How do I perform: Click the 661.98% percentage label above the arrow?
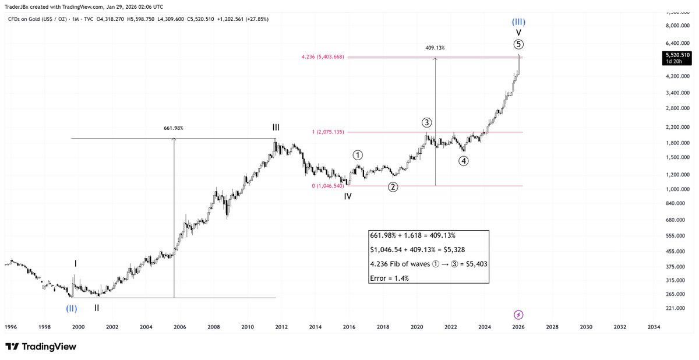174,128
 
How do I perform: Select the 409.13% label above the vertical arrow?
435,48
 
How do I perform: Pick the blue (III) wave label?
518,22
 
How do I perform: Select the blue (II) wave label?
71,308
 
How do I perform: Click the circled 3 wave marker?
427,122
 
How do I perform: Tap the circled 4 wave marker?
464,161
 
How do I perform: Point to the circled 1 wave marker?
358,156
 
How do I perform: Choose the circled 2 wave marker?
393,187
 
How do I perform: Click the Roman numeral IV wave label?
347,197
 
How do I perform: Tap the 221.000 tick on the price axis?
677,308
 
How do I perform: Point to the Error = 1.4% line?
390,278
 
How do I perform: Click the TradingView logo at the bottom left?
41,347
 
